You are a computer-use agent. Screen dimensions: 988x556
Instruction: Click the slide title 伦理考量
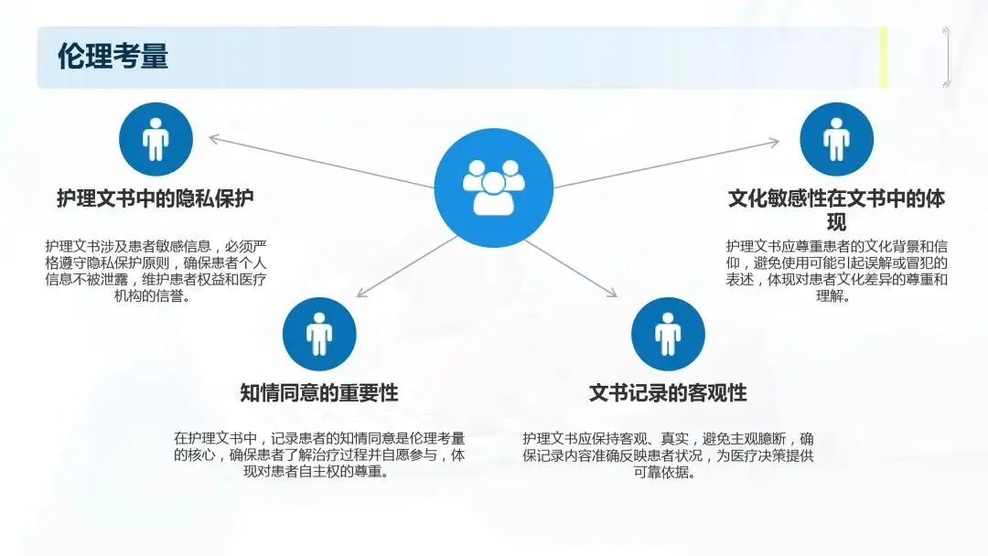pyautogui.click(x=113, y=57)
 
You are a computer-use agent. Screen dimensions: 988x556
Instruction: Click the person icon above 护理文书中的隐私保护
pyautogui.click(x=156, y=140)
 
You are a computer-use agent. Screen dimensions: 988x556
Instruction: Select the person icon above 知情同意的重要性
pyautogui.click(x=318, y=334)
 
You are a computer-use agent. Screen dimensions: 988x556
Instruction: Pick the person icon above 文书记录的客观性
pyautogui.click(x=668, y=334)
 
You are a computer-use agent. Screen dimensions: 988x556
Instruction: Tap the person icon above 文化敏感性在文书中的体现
pyautogui.click(x=836, y=139)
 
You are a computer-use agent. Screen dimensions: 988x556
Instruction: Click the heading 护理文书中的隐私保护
pyautogui.click(x=155, y=198)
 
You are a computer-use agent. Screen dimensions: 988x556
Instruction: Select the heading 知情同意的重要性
pyautogui.click(x=318, y=393)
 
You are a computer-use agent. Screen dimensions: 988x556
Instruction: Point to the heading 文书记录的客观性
pyautogui.click(x=668, y=393)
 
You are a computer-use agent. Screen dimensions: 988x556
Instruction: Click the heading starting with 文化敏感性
pyautogui.click(x=836, y=209)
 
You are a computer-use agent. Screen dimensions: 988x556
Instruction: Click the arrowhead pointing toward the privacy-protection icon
pyautogui.click(x=214, y=139)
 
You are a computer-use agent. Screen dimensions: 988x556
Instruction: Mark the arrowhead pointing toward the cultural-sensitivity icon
pyautogui.click(x=774, y=142)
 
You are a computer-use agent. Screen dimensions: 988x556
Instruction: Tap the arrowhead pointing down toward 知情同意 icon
pyautogui.click(x=361, y=293)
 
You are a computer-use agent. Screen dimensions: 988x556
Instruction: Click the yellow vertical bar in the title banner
pyautogui.click(x=884, y=57)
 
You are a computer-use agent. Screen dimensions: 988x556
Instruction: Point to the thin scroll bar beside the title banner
pyautogui.click(x=947, y=57)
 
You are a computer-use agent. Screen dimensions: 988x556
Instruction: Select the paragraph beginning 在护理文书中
pyautogui.click(x=318, y=454)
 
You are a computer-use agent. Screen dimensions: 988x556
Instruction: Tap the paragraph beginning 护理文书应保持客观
pyautogui.click(x=668, y=454)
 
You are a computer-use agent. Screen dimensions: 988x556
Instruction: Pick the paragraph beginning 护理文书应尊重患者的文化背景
pyautogui.click(x=836, y=271)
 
